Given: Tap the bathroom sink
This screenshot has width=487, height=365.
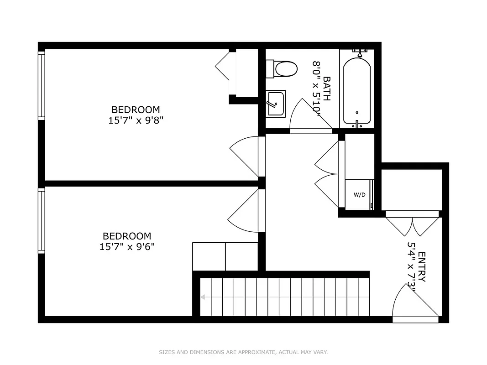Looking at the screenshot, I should pos(276,104).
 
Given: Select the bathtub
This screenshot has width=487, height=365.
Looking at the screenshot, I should pos(356,90).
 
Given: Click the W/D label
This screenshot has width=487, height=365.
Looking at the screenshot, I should pos(360,195).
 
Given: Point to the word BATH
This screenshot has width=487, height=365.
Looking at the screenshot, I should pos(327,89).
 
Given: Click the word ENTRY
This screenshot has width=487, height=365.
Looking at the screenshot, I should pos(422,267).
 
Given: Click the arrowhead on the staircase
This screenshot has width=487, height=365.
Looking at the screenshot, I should pos(203,297).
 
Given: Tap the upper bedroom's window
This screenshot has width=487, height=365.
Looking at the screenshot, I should pos(42,85).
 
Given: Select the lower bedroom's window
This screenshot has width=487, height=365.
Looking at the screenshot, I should pos(42,221).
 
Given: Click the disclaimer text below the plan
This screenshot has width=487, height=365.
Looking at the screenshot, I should pos(243,352).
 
